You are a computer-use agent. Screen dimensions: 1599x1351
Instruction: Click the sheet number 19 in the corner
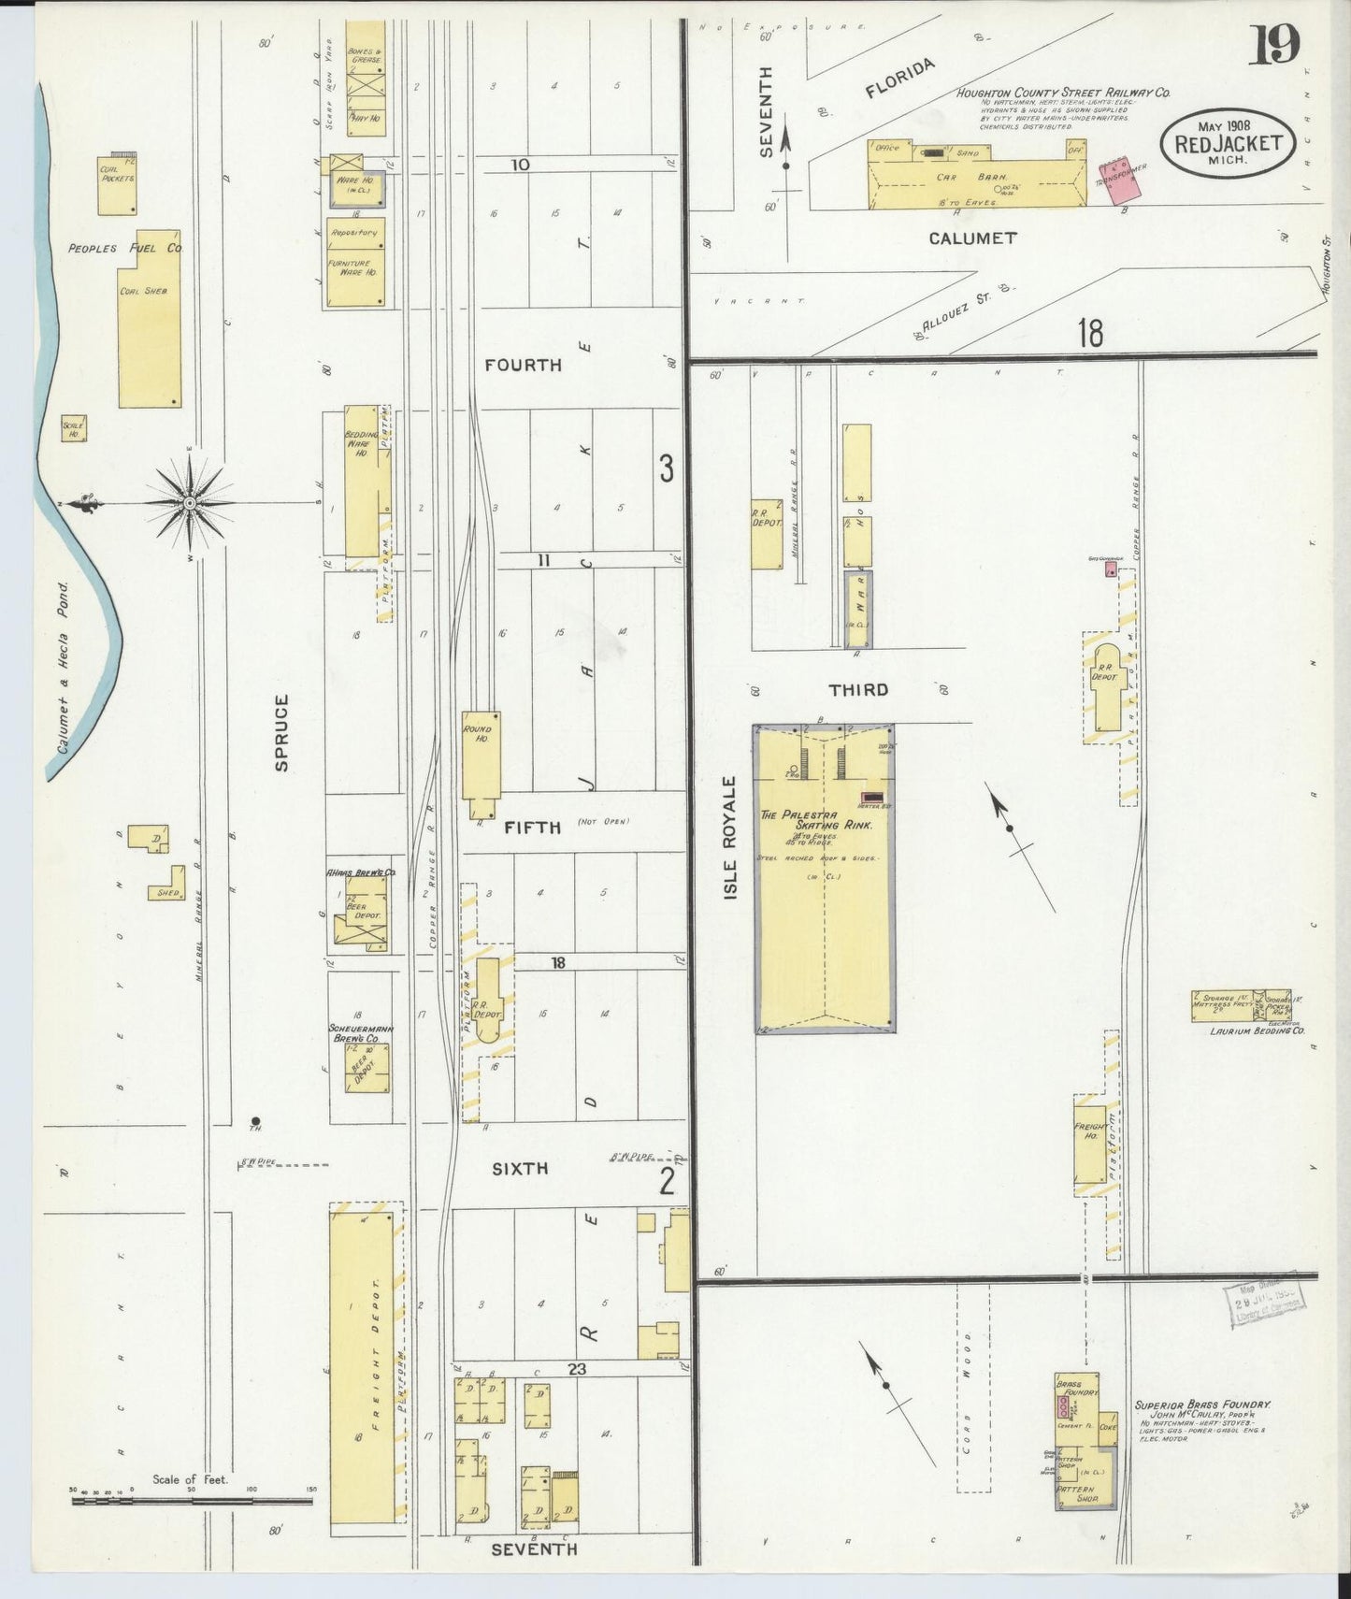pos(1273,45)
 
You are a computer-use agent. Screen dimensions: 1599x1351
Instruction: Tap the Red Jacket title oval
pos(1229,143)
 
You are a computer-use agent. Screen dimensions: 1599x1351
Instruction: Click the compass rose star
pos(191,503)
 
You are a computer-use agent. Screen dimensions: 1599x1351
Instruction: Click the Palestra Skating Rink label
pos(815,821)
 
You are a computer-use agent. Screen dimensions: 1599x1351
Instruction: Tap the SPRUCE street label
pos(281,732)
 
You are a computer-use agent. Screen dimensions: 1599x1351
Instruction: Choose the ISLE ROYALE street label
pos(730,838)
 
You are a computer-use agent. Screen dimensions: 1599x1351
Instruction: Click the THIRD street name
pos(858,690)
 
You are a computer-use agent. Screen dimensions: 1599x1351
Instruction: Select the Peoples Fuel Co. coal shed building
pos(149,320)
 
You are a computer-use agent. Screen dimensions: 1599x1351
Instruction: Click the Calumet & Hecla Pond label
pos(64,668)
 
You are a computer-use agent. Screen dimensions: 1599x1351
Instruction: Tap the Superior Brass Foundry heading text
pos(1201,1405)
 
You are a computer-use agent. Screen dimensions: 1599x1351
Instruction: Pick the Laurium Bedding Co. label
pos(1257,1030)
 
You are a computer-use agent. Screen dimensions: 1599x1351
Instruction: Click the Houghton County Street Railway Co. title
pos(1062,94)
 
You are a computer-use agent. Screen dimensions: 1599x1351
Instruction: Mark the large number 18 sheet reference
pos(1089,333)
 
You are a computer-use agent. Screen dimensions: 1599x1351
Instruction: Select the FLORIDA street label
pos(899,79)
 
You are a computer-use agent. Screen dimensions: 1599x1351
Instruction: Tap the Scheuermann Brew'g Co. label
pos(360,1033)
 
